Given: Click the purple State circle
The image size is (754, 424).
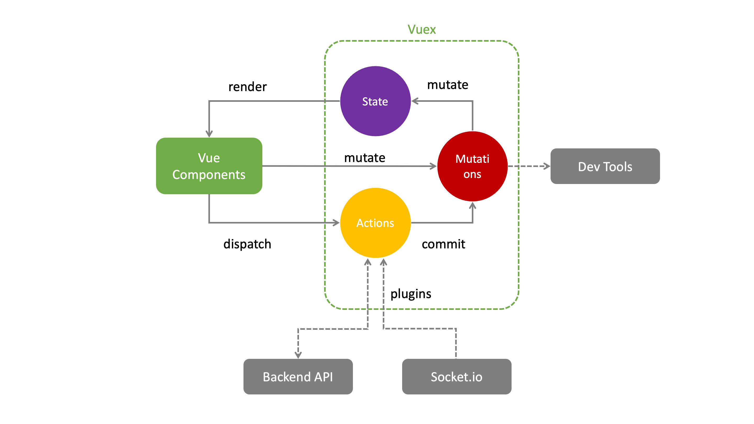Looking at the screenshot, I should click(375, 101).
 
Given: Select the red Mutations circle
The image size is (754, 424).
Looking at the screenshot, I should click(472, 166).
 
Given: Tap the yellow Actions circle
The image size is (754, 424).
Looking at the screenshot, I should click(375, 223).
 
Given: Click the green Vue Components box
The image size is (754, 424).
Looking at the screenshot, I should click(209, 166).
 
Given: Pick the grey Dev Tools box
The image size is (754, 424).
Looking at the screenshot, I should click(605, 166).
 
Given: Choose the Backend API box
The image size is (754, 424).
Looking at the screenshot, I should click(298, 376).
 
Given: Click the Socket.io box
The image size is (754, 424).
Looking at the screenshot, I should click(457, 376).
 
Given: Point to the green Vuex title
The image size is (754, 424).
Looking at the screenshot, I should click(422, 30).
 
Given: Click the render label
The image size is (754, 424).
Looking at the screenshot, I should click(247, 87).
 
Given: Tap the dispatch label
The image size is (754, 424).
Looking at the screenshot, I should click(247, 244).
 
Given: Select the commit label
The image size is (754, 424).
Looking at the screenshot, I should click(443, 244).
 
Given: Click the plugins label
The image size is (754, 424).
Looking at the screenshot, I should click(411, 294).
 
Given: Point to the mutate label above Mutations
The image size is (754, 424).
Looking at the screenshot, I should click(447, 85).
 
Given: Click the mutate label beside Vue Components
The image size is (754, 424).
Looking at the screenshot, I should click(365, 158).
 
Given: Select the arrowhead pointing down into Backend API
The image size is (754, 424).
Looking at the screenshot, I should click(298, 355).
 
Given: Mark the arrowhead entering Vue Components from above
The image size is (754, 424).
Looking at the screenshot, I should click(209, 134).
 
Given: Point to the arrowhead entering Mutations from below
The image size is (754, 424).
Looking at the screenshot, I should click(472, 205).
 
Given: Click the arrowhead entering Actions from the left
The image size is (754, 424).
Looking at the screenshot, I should click(336, 223).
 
